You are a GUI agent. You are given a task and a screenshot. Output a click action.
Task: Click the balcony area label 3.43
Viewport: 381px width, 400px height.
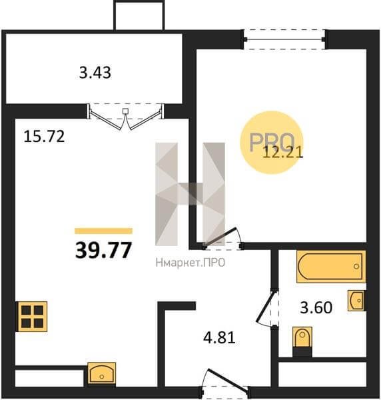pos(95,73)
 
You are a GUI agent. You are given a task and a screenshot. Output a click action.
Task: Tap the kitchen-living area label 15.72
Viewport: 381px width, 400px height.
pos(44,136)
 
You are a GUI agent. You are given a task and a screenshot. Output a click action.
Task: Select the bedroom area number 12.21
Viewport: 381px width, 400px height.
pos(283,153)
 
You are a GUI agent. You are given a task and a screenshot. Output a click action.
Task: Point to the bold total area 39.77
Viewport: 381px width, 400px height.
pos(103,250)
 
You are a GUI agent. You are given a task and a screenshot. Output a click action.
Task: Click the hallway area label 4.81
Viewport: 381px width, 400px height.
pos(219,337)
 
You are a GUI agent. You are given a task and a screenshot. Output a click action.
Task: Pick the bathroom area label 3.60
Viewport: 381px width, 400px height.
pos(316,307)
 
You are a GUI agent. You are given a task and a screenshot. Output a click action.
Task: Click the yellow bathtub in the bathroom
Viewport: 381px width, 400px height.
pos(331,266)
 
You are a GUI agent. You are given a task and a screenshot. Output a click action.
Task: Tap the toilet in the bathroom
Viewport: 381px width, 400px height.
pos(302,341)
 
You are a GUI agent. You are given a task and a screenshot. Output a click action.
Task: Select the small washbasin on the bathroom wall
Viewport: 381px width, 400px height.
pos(357,301)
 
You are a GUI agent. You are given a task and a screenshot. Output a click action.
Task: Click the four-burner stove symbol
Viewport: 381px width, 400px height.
pos(33,317)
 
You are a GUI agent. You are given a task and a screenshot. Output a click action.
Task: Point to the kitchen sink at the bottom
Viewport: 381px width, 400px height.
pos(101,373)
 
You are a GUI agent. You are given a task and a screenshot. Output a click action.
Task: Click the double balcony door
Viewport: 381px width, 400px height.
pos(126,116)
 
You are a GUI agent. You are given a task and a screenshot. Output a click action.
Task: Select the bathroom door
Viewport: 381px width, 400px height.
pos(267,308)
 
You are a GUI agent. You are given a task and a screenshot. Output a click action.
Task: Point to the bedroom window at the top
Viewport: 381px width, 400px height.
pos(284,39)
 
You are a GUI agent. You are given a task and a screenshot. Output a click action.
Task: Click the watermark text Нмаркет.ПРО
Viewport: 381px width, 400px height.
pos(190,263)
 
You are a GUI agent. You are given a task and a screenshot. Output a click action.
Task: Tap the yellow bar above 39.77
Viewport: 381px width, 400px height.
pos(103,231)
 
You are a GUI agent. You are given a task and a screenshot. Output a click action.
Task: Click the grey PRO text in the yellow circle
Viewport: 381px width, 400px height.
pos(272,142)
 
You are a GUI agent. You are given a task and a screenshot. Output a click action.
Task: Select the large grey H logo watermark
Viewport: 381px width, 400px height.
pos(190,194)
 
